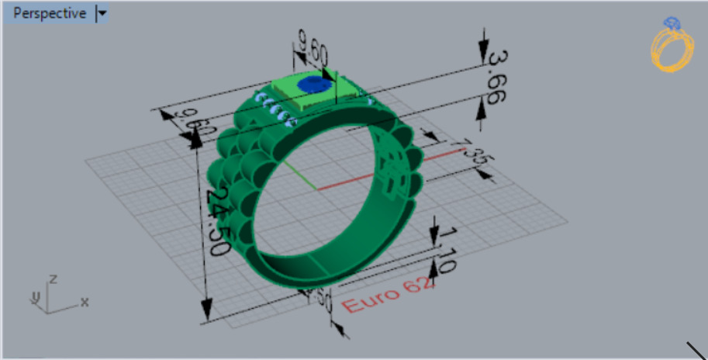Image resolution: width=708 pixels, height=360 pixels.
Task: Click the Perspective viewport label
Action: tap(49, 13)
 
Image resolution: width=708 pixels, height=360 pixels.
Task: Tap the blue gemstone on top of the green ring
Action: tap(314, 83)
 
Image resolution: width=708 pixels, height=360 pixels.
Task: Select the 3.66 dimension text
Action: tap(496, 78)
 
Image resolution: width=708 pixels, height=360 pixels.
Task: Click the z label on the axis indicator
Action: tap(52, 278)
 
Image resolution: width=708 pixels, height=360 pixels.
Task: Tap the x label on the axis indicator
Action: tap(85, 301)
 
